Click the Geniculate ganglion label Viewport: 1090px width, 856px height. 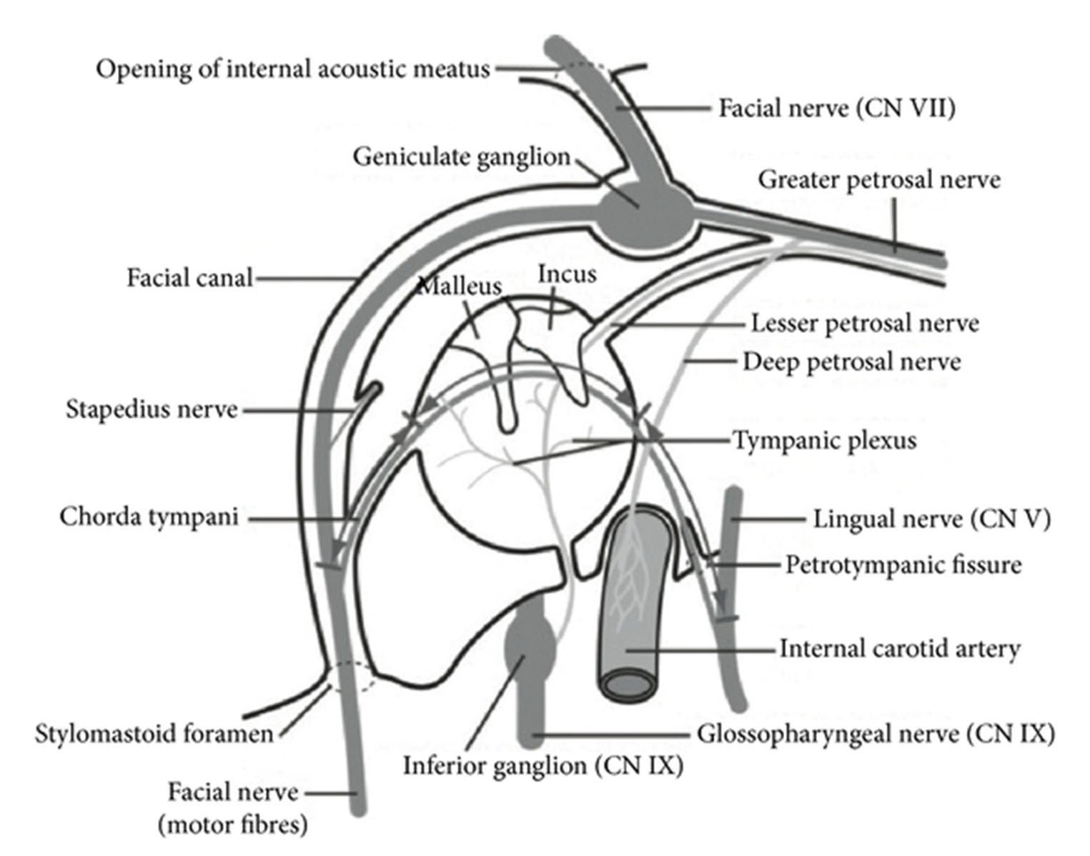461,156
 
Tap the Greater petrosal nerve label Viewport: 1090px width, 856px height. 878,179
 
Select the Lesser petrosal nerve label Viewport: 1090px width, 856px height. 864,324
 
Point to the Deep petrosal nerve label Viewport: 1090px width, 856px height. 851,362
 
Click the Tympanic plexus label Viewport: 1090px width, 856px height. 824,440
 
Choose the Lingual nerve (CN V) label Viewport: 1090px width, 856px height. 931,519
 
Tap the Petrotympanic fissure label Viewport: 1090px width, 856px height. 903,565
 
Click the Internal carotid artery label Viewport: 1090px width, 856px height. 899,649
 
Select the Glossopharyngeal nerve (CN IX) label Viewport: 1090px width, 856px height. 876,734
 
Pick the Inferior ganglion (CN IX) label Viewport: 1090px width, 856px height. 543,766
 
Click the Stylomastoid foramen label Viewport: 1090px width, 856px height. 154,734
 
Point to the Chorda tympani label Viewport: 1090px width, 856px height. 149,517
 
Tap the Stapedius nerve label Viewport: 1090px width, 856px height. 152,409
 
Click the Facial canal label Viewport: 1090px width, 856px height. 189,277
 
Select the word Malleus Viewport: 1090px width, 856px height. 459,287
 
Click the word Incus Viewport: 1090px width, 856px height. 567,274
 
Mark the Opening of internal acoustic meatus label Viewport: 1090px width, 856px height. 293,69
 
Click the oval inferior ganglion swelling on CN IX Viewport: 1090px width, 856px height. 530,643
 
